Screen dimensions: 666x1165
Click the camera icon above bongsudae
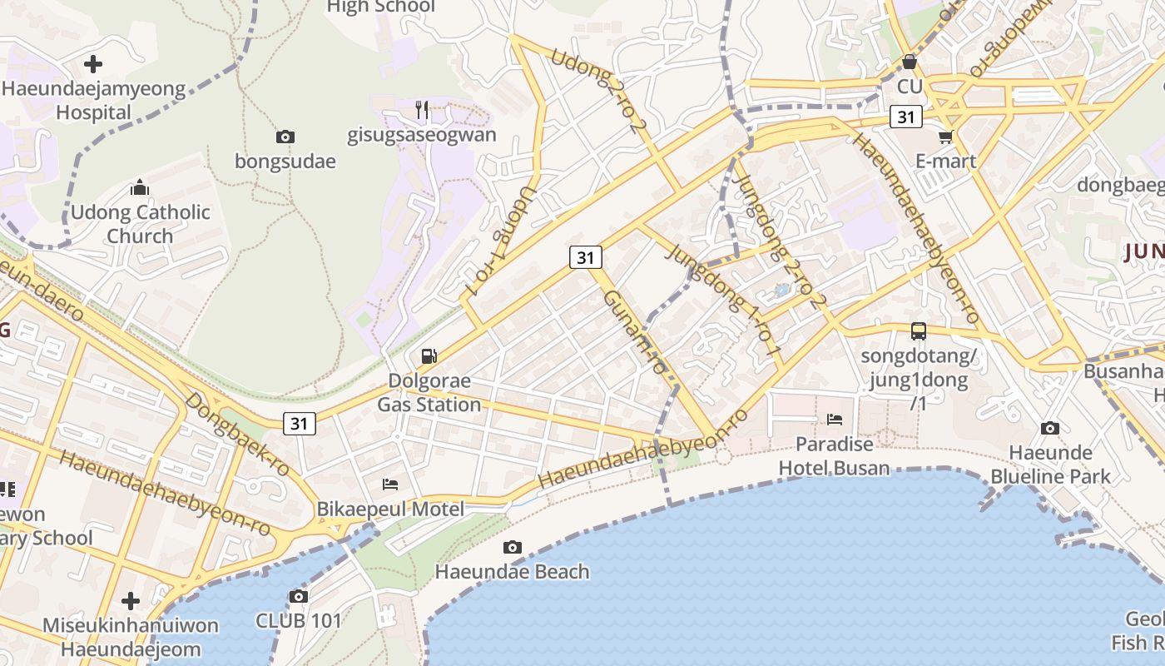click(x=285, y=137)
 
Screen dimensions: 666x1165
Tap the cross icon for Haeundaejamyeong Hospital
click(x=93, y=64)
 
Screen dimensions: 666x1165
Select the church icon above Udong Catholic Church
click(x=140, y=187)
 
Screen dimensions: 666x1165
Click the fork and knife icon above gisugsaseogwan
click(x=422, y=109)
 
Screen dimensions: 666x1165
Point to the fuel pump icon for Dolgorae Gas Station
click(x=429, y=356)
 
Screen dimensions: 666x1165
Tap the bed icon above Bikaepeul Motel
click(x=390, y=484)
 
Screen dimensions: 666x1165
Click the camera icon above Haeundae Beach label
click(x=513, y=547)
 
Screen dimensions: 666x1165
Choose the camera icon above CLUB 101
click(x=299, y=596)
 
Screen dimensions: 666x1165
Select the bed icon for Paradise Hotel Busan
click(x=835, y=419)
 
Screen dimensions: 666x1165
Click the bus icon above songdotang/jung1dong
click(x=919, y=331)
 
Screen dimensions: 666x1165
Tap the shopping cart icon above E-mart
click(x=945, y=137)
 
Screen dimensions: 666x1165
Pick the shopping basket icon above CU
click(x=910, y=62)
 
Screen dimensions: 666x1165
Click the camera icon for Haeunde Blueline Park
click(x=1050, y=428)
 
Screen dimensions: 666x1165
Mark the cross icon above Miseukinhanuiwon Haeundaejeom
click(x=131, y=600)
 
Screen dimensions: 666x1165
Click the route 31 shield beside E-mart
click(x=905, y=117)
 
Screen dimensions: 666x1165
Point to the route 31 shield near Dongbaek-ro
click(x=300, y=423)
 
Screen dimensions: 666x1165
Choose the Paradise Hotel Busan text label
click(x=834, y=455)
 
